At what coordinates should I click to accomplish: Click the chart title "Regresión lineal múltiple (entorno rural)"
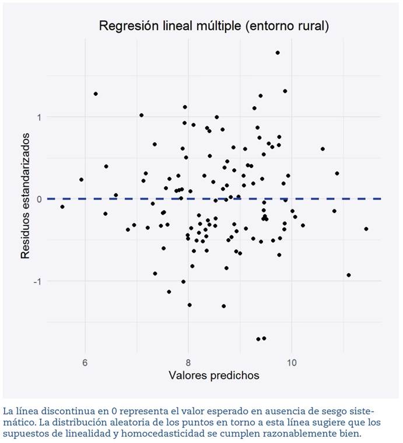213,26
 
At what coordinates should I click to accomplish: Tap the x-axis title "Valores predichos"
213,375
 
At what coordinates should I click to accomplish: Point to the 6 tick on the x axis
85,362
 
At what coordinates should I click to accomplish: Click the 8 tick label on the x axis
188,362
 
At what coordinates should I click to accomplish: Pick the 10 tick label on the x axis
292,362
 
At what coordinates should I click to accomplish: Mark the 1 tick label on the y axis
40,117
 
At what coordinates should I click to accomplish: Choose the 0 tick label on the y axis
40,199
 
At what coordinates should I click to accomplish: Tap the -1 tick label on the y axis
38,281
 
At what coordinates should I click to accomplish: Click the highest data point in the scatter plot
278,53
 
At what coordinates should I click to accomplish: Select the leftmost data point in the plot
62,207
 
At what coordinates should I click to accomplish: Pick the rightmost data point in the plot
366,229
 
